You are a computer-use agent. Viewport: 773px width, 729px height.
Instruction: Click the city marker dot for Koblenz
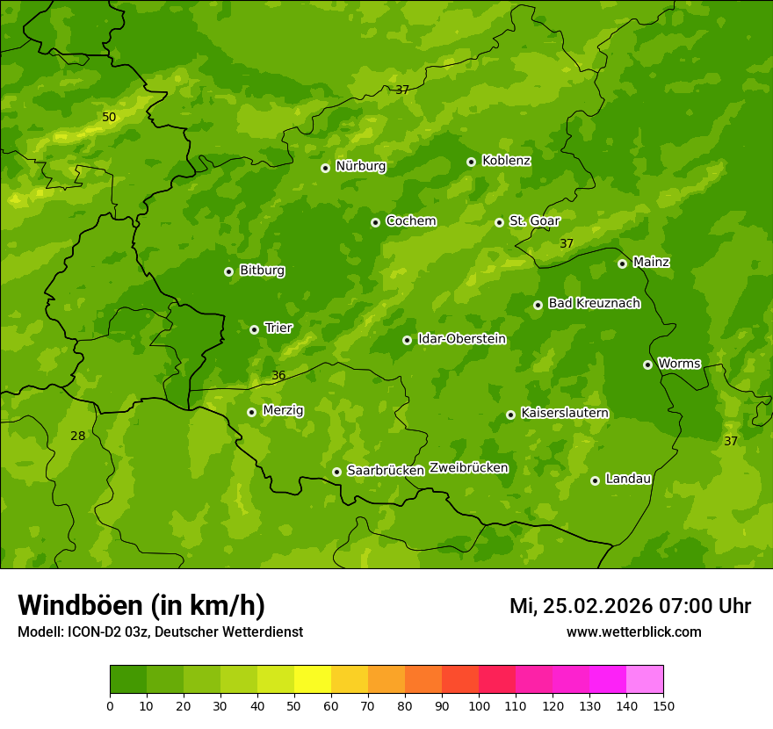click(471, 162)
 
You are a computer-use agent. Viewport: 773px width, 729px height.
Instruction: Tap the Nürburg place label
click(360, 166)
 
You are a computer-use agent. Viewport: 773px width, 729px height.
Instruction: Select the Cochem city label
click(410, 221)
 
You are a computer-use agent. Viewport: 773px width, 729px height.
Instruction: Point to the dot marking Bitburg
click(228, 271)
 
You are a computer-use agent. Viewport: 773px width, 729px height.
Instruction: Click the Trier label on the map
click(278, 328)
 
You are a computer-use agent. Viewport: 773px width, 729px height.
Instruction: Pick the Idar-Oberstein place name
click(461, 339)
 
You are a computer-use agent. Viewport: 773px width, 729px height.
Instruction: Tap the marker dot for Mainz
click(622, 263)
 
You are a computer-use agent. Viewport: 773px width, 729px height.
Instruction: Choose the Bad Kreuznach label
click(594, 303)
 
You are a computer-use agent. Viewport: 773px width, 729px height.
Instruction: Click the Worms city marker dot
click(647, 364)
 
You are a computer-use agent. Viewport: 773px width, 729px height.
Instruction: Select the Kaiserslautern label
click(564, 413)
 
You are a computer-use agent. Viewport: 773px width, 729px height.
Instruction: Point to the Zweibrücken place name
click(468, 468)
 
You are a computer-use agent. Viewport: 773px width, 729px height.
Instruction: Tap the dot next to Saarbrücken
click(336, 472)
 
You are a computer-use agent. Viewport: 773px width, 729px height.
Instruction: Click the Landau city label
click(628, 479)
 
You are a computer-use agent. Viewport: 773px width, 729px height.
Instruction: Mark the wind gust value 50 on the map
click(109, 117)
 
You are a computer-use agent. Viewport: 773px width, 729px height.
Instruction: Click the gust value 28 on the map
click(78, 436)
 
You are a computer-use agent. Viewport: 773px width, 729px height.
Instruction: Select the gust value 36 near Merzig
click(278, 375)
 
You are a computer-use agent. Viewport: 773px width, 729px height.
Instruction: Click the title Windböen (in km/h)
click(141, 605)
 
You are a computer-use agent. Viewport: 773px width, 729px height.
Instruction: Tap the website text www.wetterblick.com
click(633, 632)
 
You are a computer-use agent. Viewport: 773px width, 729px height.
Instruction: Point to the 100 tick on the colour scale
click(479, 705)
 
